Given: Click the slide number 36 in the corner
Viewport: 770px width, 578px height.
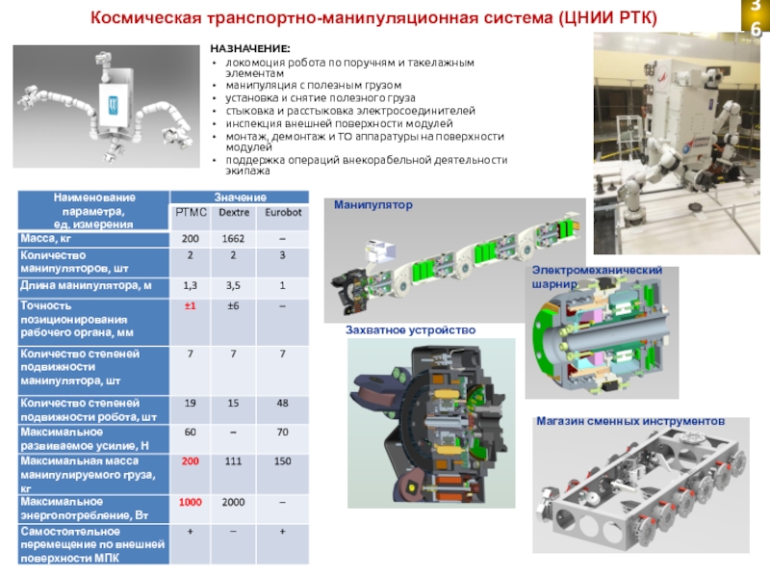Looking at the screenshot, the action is [755, 19].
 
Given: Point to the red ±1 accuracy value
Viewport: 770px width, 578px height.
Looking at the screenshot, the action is [191, 306].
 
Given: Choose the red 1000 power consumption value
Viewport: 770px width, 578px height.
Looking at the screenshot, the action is [191, 502].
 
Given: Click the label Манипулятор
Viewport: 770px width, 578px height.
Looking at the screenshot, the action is [372, 205].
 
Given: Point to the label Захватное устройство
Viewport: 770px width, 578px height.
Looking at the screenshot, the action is [411, 329].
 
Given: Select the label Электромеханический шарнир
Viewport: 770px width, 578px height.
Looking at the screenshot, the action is [597, 277].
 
